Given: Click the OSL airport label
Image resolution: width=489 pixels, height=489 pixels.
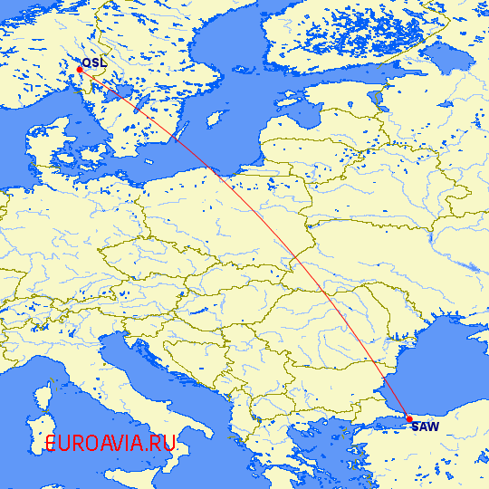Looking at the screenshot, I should tap(93, 62).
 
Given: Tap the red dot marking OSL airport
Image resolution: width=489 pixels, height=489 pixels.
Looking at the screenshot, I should tap(80, 69).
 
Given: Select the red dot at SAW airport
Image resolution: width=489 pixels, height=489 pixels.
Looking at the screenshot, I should tap(409, 418).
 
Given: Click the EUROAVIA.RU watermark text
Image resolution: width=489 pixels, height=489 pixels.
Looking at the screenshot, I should tap(110, 444).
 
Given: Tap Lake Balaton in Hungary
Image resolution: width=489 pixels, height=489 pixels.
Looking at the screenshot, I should tap(185, 293).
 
